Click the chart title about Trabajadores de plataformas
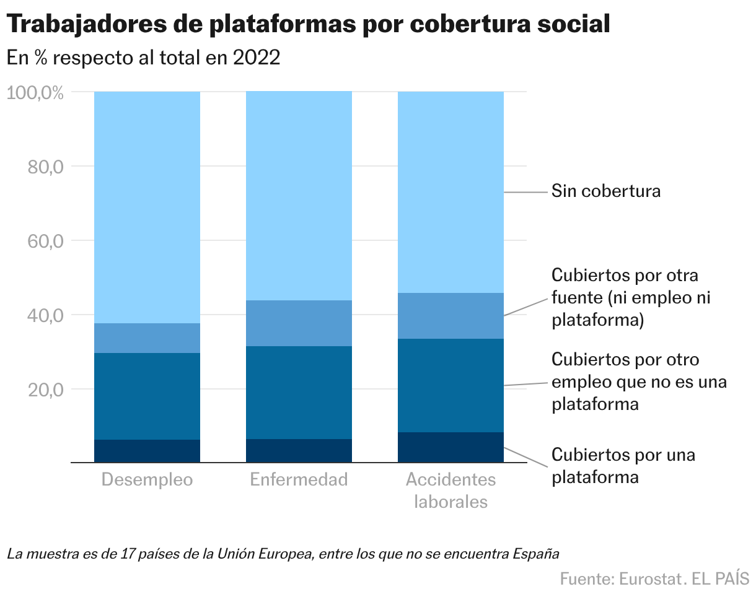pyautogui.click(x=309, y=25)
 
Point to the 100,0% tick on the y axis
pyautogui.click(x=35, y=94)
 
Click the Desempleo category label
pyautogui.click(x=147, y=480)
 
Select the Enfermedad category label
pyautogui.click(x=299, y=480)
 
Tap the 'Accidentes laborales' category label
pyautogui.click(x=451, y=490)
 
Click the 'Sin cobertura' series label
pyautogui.click(x=605, y=191)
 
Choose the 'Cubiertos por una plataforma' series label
pyautogui.click(x=623, y=466)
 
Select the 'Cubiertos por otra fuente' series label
pyautogui.click(x=630, y=298)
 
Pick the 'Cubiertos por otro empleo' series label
pyautogui.click(x=638, y=382)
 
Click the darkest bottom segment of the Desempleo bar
pyautogui.click(x=147, y=451)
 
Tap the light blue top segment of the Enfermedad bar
pyautogui.click(x=299, y=196)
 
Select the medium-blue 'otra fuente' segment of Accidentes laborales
pyautogui.click(x=451, y=316)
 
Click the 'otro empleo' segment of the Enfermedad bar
pyautogui.click(x=299, y=393)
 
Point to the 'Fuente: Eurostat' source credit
pyautogui.click(x=620, y=579)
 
